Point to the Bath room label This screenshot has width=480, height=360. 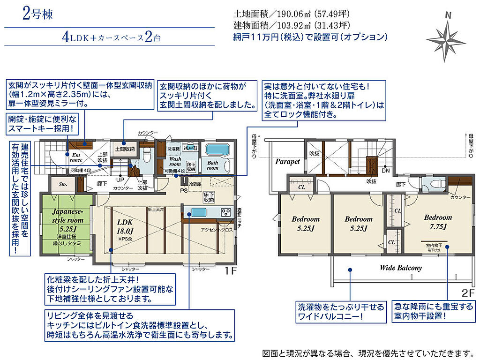[x=212, y=165]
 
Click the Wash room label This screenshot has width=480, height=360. [x=175, y=162]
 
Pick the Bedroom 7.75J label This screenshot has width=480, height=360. [x=438, y=222]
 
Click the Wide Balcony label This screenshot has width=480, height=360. [x=400, y=268]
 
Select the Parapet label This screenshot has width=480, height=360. [x=287, y=161]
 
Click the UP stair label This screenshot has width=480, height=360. [x=120, y=180]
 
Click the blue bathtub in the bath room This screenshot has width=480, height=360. [x=217, y=150]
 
